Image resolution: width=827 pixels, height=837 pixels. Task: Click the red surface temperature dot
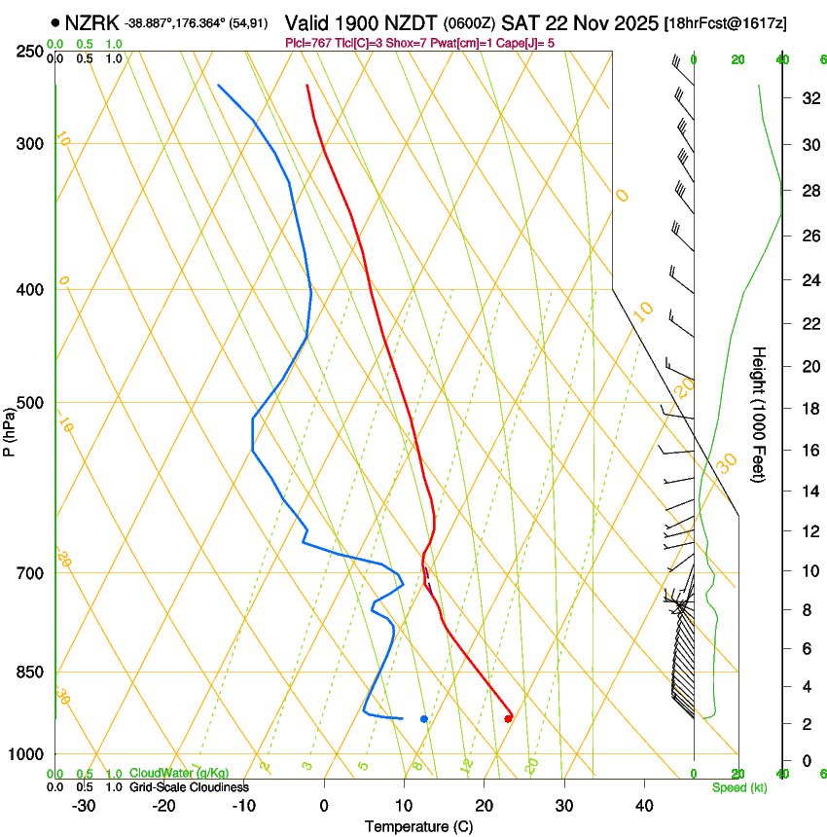508,718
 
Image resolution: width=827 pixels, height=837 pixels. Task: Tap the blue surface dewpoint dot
424,718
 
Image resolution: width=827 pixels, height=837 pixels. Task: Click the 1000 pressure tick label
24,754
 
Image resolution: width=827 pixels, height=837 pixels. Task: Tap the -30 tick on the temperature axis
84,806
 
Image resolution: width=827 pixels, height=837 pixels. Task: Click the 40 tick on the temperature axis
643,806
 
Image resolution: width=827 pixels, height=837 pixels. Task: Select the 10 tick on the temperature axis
404,806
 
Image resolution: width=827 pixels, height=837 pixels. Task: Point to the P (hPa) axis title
10,429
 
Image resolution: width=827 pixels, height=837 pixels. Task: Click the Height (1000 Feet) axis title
759,414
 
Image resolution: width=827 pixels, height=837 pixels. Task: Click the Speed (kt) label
738,787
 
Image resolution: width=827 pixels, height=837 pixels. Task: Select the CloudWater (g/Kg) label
179,774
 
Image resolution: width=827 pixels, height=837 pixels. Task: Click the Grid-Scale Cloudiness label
189,787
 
